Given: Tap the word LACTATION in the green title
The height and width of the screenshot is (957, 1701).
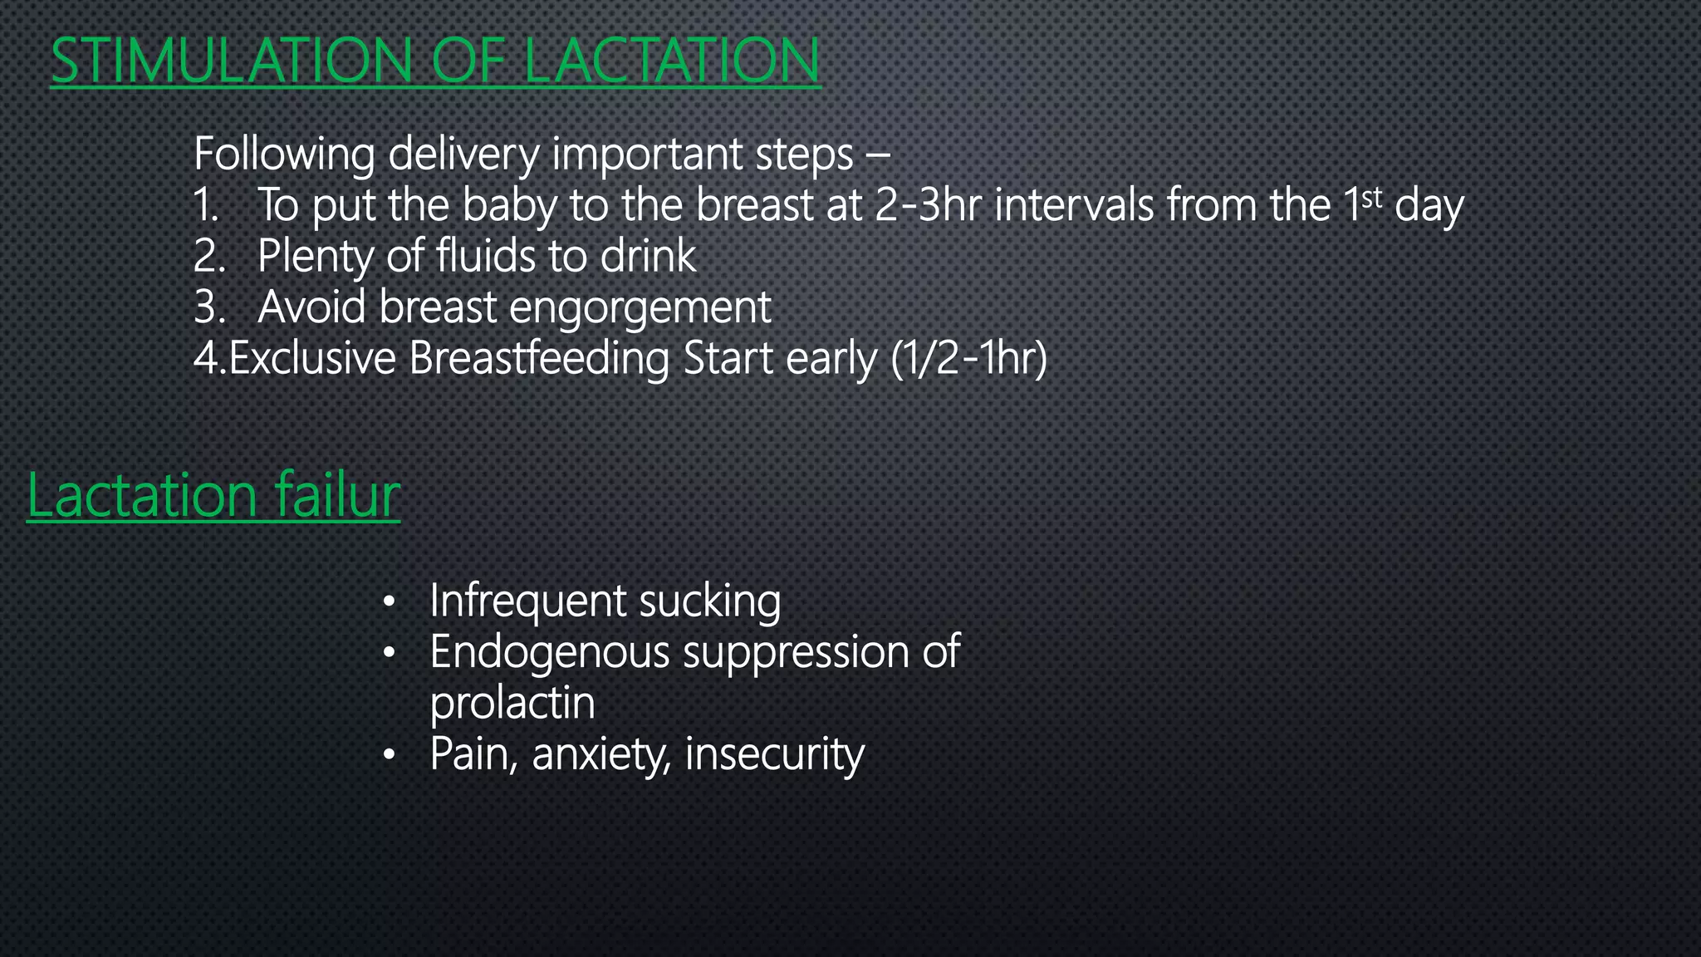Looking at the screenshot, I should click(x=671, y=61).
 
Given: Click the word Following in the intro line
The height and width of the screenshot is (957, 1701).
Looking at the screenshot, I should click(x=284, y=155).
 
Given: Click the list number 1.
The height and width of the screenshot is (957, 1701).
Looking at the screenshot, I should click(x=205, y=205).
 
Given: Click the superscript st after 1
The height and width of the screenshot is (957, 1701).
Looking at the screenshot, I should click(x=1372, y=198).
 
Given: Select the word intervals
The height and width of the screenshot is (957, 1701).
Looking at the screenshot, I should click(x=1074, y=205).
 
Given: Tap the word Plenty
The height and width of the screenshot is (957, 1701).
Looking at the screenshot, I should click(x=315, y=257).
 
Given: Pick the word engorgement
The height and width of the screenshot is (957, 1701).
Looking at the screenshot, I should click(x=640, y=308).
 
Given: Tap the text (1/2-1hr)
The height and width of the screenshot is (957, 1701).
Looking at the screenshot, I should click(x=968, y=358).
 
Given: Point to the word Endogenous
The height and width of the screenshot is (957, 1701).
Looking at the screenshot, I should click(x=549, y=653).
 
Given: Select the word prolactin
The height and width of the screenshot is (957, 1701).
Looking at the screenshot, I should click(x=512, y=703).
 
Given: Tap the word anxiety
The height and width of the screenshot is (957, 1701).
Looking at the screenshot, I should click(x=600, y=754).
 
